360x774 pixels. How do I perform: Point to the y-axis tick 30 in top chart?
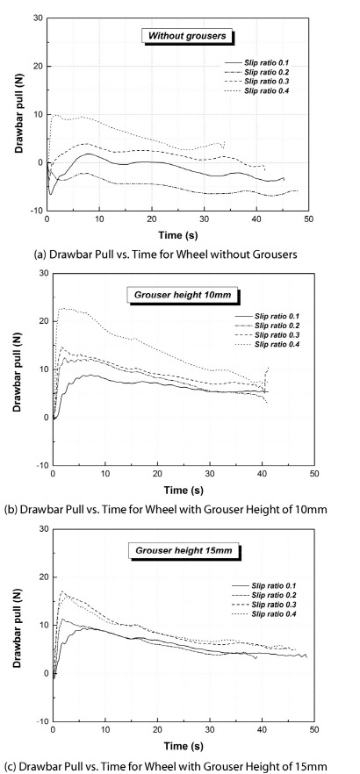pyautogui.click(x=37, y=18)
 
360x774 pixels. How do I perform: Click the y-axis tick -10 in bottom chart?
pyautogui.click(x=42, y=721)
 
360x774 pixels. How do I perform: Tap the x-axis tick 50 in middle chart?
pyautogui.click(x=314, y=474)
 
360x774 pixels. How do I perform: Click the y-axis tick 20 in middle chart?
pyautogui.click(x=43, y=321)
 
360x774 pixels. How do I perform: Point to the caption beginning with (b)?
pyautogui.click(x=165, y=509)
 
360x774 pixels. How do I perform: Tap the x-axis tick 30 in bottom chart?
pyautogui.click(x=210, y=729)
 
